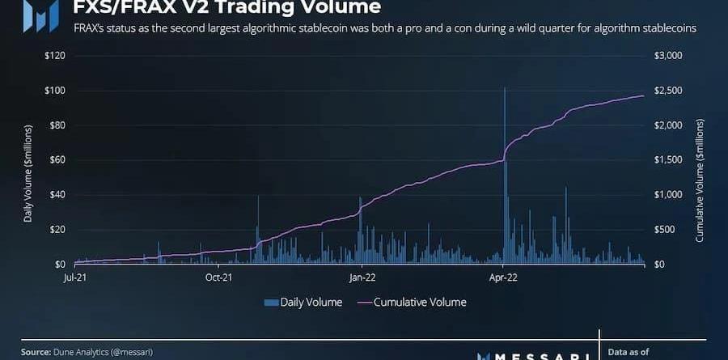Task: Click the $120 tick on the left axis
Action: tap(55, 56)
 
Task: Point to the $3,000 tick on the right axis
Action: tap(668, 56)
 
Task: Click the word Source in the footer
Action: tap(36, 352)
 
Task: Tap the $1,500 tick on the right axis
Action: tap(668, 160)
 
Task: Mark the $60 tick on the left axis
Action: tap(57, 160)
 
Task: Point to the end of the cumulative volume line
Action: tap(644, 95)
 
